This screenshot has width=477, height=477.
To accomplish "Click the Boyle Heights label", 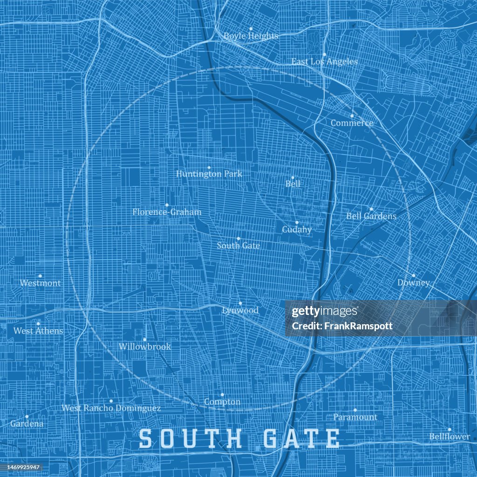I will coord(251,36).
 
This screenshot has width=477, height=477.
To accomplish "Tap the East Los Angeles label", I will coord(324,61).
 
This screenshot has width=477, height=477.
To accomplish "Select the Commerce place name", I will coord(352,123).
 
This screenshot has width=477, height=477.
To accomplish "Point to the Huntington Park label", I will coord(209,174).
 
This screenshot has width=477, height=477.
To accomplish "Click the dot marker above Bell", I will coord(293,177).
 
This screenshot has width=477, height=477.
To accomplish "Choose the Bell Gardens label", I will coord(371,216).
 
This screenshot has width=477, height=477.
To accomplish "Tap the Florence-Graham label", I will coord(167,212).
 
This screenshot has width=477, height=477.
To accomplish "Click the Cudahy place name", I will coord(296,229).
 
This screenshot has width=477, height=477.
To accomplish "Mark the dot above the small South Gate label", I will coord(238,238).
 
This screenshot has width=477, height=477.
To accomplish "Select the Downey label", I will coord(413,283).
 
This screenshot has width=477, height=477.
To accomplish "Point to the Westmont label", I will coord(40,283).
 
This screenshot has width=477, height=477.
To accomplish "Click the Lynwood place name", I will coord(240,310).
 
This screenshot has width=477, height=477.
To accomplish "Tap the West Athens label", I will coord(38,331).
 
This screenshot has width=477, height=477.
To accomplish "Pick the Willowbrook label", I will coord(144,347).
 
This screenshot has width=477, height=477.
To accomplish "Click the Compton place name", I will coord(222,402).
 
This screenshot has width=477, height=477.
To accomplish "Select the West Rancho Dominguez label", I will coord(111,408).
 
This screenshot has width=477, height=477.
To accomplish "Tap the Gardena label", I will coord(27,423).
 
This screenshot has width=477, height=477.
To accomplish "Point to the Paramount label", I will coord(354,417).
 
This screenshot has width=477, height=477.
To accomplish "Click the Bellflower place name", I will coord(449,436).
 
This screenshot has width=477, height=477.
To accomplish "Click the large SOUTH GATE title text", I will coord(239,439).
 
